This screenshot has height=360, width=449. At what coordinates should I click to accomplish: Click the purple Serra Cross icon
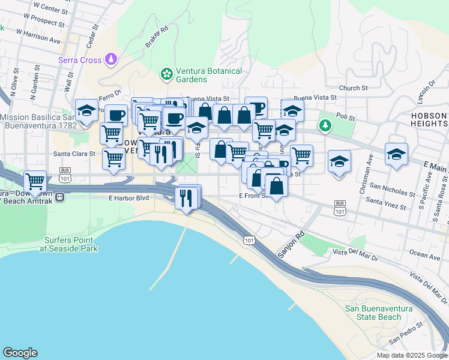click(111, 59)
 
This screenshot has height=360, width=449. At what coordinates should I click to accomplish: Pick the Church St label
click(353, 88)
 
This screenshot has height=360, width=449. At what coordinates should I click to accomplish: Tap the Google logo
click(20, 353)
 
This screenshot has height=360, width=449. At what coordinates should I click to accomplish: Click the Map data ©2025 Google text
click(411, 355)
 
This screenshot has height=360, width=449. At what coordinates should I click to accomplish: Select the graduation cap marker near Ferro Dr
click(86, 111)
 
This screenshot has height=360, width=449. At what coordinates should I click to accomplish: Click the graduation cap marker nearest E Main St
click(396, 154)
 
